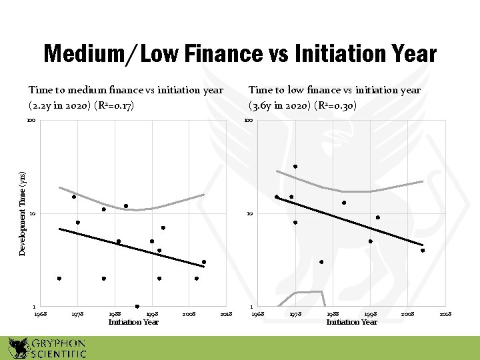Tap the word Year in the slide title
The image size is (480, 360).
[x=410, y=54]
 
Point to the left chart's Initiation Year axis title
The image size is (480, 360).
[x=133, y=322]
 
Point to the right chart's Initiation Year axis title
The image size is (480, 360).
[x=351, y=322]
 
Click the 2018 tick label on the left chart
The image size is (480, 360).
[x=226, y=313]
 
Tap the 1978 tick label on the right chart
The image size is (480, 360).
[x=295, y=313]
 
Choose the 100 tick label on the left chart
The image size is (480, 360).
[x=31, y=121]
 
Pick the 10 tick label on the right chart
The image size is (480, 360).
[x=249, y=214]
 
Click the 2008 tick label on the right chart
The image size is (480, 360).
[x=408, y=313]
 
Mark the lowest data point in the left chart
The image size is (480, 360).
[x=137, y=307]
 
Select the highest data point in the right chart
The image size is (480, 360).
[x=295, y=166]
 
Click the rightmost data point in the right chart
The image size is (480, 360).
[x=423, y=251]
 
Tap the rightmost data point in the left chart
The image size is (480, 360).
[x=204, y=262]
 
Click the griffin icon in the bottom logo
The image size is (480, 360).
[x=18, y=347]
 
